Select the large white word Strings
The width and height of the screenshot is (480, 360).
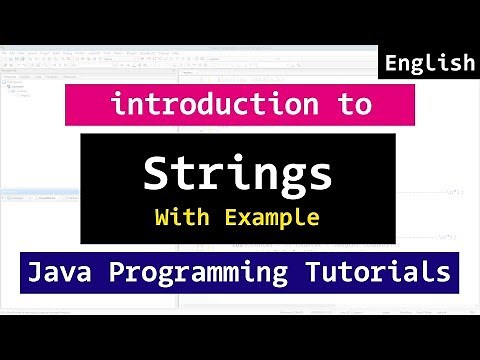tap(238, 174)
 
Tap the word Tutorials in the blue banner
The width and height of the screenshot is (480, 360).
tap(381, 272)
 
